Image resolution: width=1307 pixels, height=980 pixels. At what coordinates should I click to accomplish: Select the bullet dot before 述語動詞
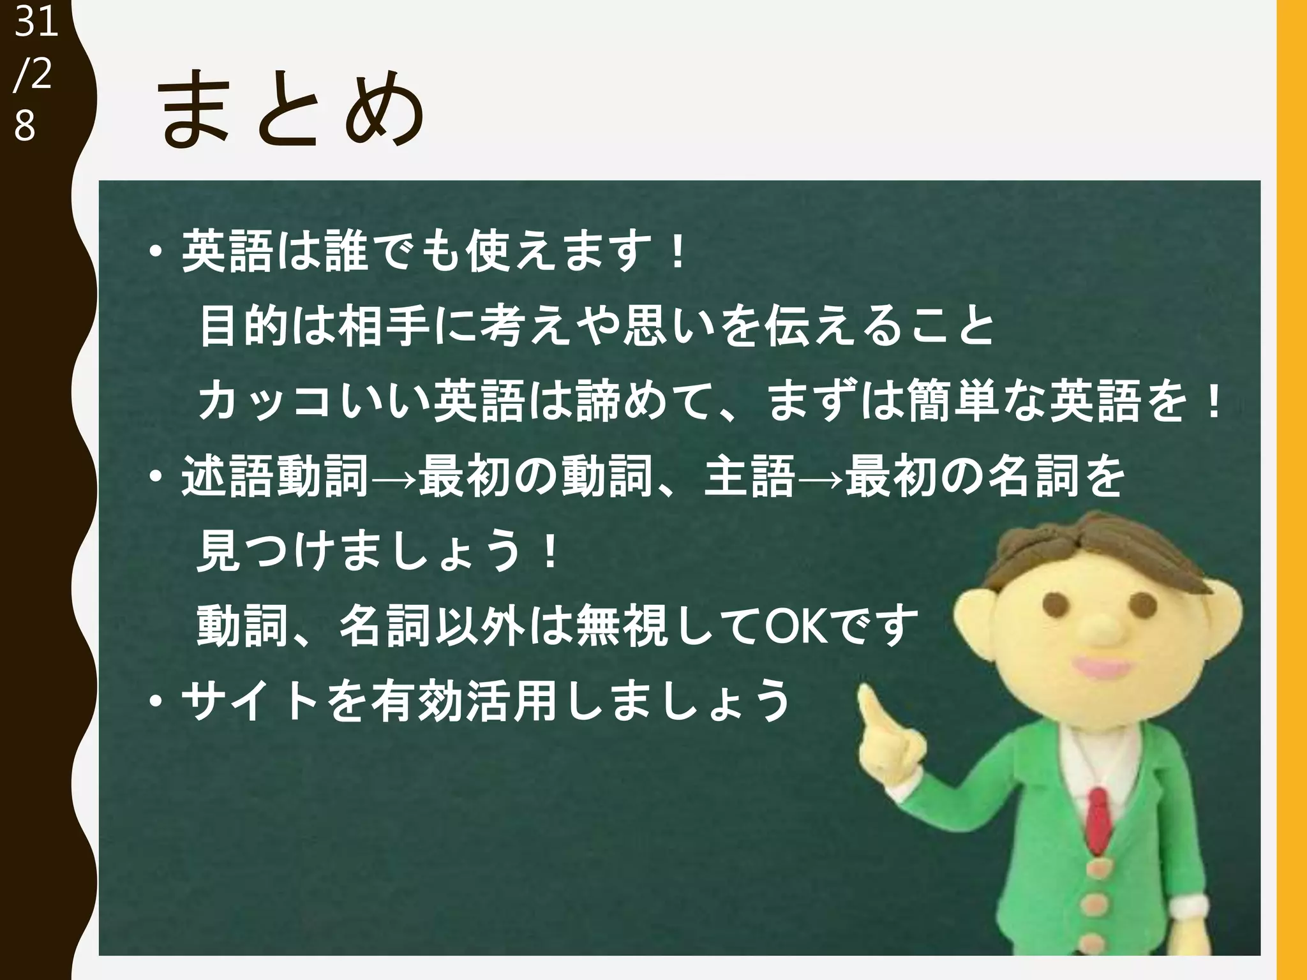pos(155,477)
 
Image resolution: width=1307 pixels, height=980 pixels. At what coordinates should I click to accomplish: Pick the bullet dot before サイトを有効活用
pos(155,702)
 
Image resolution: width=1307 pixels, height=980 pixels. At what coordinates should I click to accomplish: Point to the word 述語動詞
pos(275,476)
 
